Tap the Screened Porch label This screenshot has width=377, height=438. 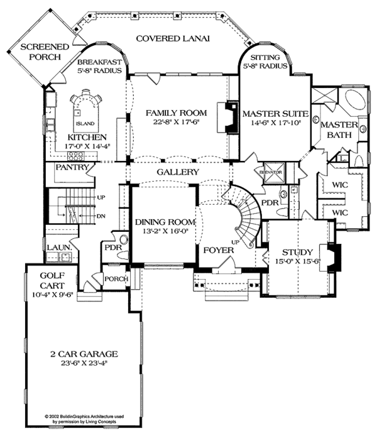click(40, 52)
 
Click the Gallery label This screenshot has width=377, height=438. click(178, 172)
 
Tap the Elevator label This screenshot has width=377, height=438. click(272, 172)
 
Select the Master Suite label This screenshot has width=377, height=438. click(275, 114)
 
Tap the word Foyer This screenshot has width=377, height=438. click(218, 250)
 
